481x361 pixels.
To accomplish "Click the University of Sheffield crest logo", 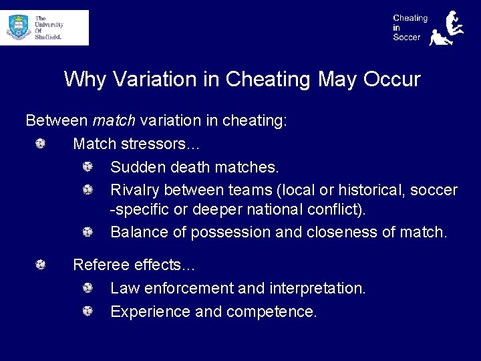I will click(19, 27).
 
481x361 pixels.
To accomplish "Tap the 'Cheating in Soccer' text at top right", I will click(410, 28).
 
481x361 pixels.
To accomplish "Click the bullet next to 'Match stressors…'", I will click(41, 144).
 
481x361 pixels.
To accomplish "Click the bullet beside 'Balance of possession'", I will click(88, 232).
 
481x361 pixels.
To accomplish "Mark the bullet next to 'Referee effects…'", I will click(41, 265).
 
